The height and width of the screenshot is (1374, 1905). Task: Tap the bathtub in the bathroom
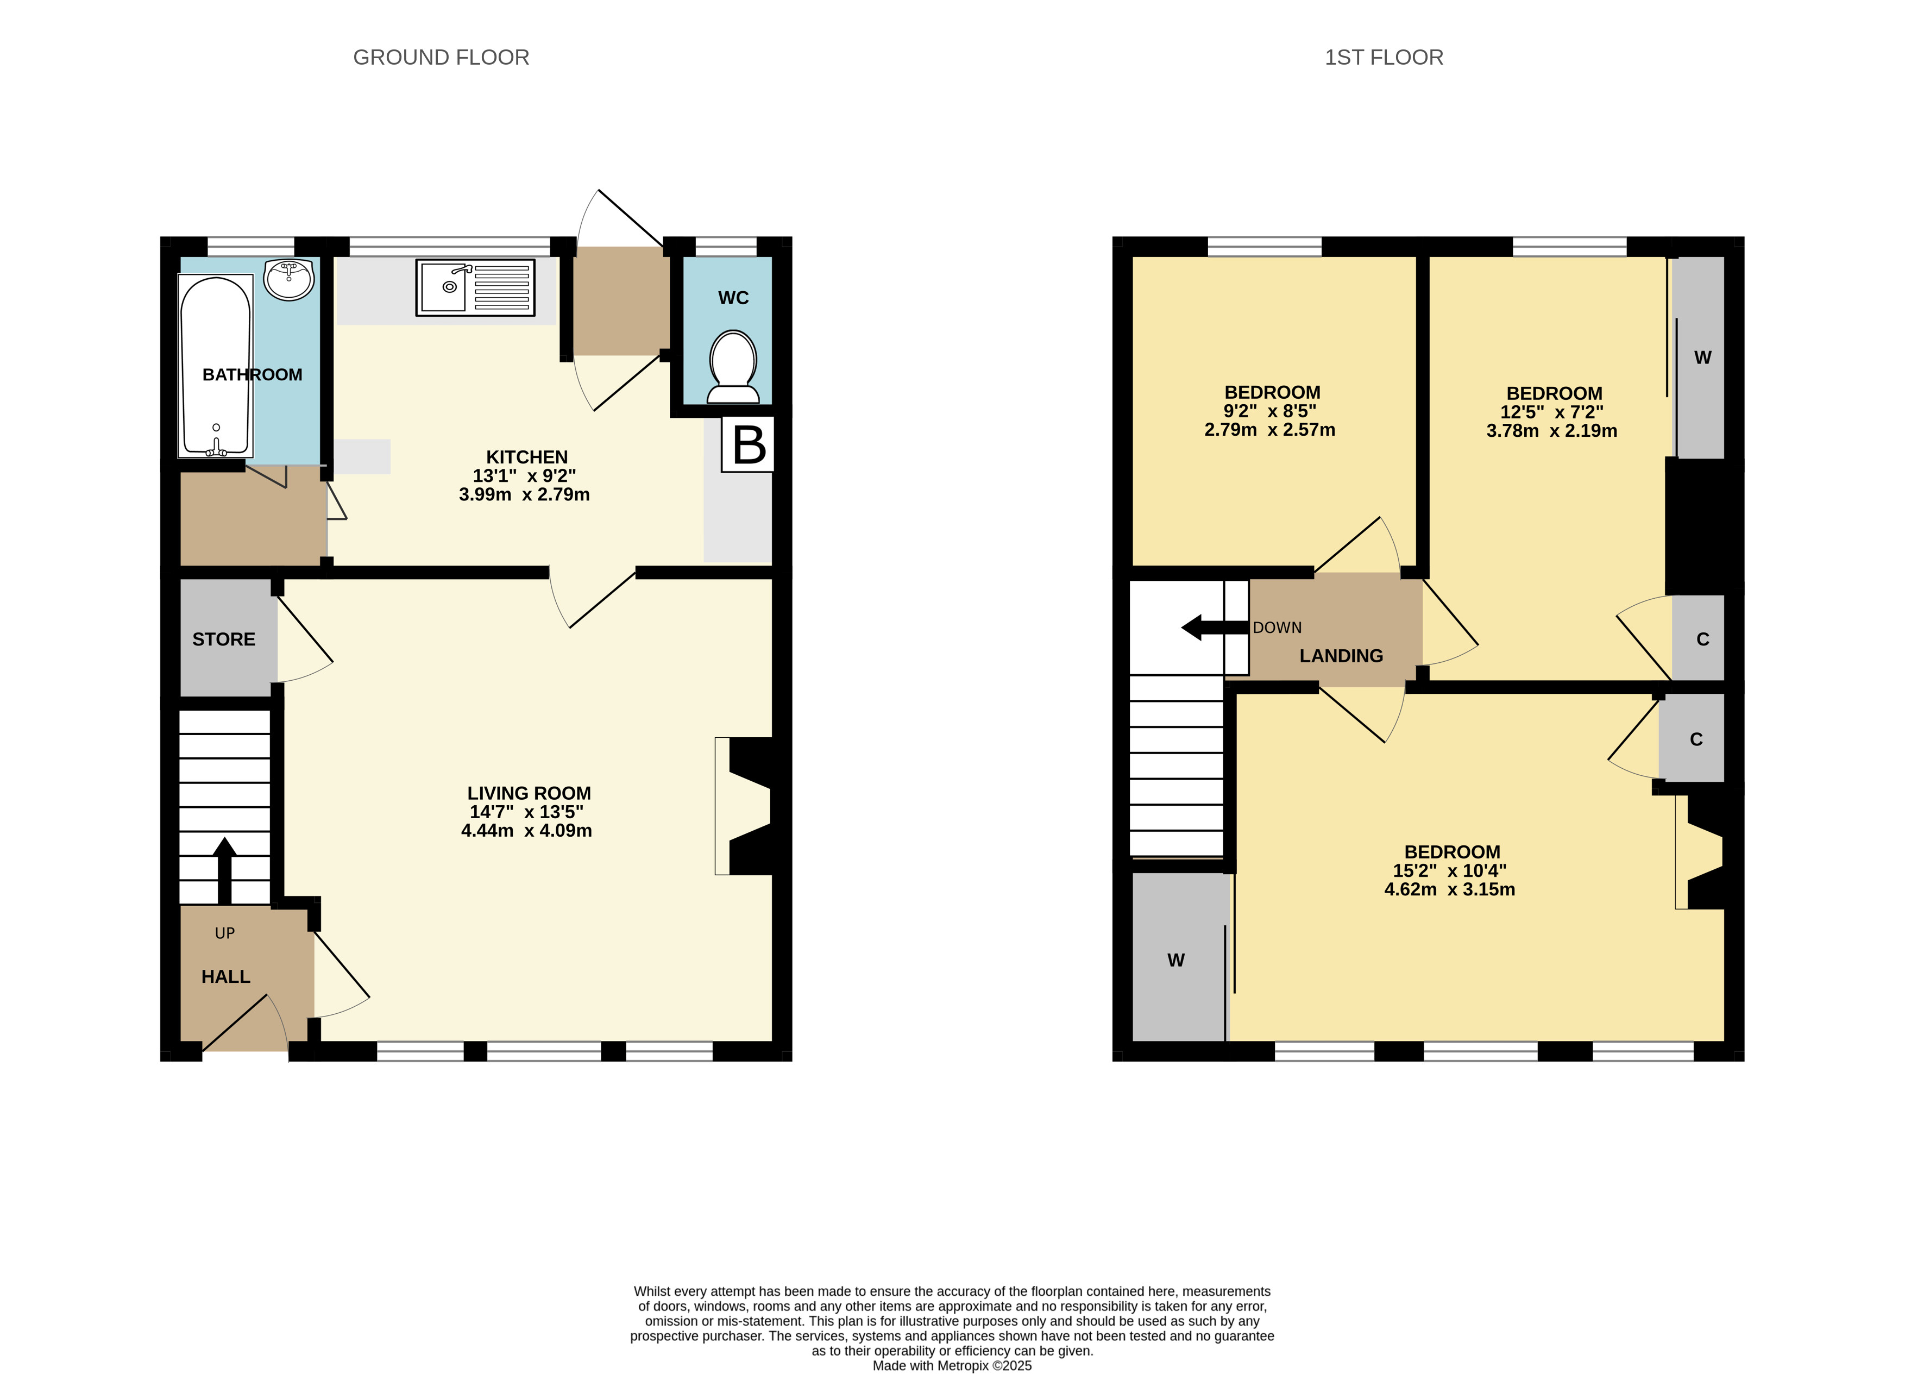coord(216,367)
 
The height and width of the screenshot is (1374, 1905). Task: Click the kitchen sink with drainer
coord(475,288)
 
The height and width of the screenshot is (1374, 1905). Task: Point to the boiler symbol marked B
coord(749,444)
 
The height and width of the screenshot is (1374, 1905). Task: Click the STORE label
coord(223,639)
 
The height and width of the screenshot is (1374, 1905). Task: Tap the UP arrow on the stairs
coord(224,870)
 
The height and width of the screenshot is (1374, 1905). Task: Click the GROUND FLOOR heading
coord(441,57)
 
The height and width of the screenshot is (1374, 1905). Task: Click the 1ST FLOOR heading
coord(1384,57)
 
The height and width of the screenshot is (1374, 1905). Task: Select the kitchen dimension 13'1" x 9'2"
coord(524,475)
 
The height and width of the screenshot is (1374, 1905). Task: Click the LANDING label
coord(1341,656)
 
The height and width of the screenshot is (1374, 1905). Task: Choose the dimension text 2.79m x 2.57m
coord(1269,430)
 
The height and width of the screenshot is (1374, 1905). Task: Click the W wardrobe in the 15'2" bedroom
coord(1176,960)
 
